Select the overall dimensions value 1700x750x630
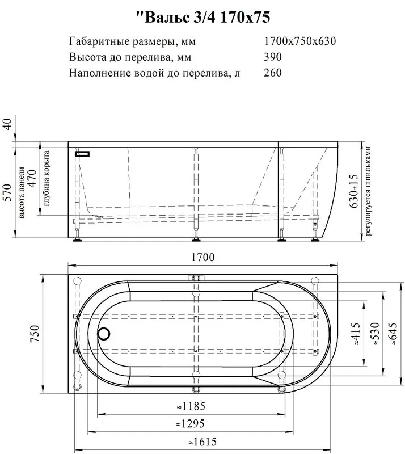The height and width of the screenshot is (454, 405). tap(300, 41)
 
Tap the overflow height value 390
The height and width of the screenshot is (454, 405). tap(273, 57)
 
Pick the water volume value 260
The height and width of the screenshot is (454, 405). tap(273, 73)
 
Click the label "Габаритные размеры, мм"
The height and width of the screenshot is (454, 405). tap(132, 41)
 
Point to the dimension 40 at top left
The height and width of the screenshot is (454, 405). tap(7, 124)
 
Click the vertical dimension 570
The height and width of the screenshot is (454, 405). tap(7, 192)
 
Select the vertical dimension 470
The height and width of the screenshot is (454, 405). tap(32, 178)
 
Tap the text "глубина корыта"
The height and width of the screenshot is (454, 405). tap(47, 178)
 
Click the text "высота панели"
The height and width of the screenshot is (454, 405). tap(21, 192)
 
